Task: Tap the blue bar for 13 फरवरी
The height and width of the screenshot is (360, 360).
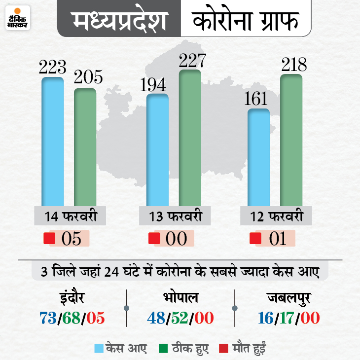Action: tap(157, 150)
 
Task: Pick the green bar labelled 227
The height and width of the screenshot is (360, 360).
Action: tap(190, 138)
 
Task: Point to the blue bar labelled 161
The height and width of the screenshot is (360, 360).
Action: tap(258, 158)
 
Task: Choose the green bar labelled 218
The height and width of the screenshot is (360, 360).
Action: tap(291, 141)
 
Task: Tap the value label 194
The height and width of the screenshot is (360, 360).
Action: tap(157, 85)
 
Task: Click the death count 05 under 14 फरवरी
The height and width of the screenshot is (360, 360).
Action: tap(71, 239)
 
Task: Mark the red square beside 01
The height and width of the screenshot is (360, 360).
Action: tap(255, 239)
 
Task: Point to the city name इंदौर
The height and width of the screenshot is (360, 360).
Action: tap(71, 299)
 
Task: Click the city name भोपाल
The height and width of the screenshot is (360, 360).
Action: tap(180, 299)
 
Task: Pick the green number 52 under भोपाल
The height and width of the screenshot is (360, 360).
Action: tap(180, 318)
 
